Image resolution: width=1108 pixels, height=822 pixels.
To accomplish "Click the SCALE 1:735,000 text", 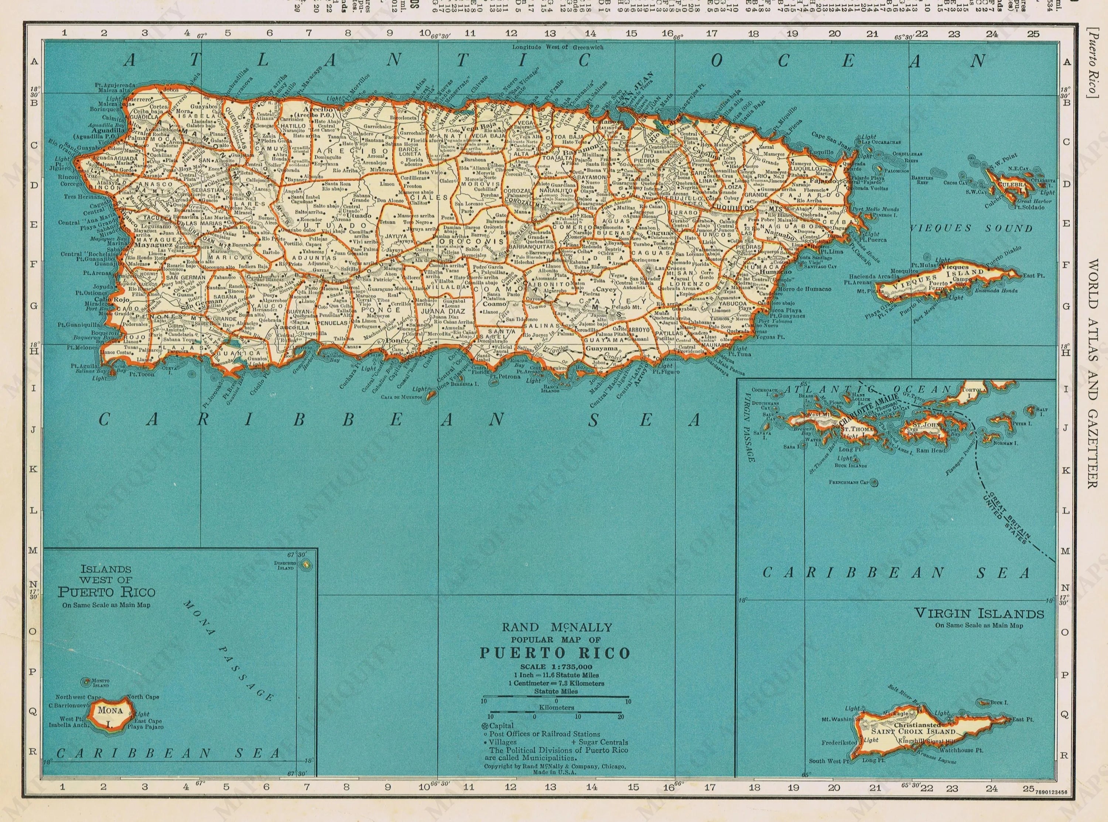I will [x=555, y=667].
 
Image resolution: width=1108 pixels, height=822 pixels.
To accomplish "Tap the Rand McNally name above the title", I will [x=555, y=628].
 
